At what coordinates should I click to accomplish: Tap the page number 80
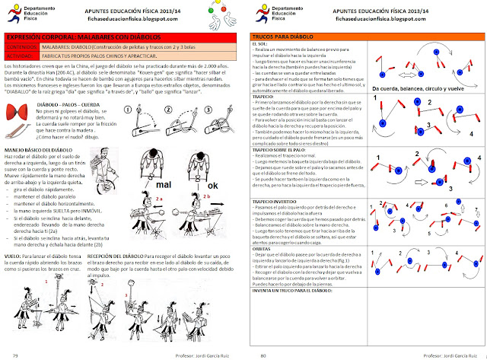[263, 355]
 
